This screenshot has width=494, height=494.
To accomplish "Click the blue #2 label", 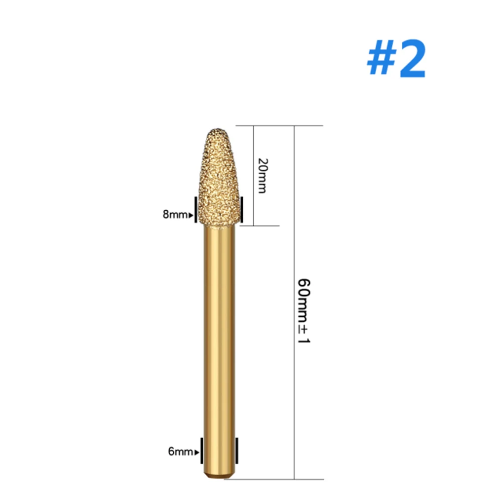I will tap(396, 61).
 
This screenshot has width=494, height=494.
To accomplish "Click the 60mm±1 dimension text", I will tap(303, 311).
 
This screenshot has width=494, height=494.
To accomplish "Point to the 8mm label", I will tap(176, 215).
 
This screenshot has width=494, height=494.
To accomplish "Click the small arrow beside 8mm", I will tap(191, 215).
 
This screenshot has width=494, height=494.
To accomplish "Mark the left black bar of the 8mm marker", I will tap(196, 209).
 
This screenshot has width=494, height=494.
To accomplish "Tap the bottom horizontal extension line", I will tap(276, 479).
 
